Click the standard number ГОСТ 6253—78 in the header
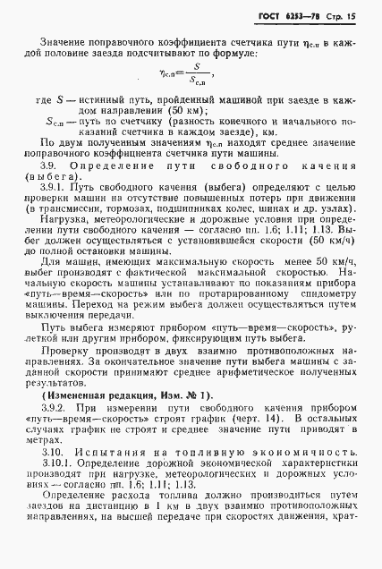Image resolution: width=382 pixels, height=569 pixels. (296, 16)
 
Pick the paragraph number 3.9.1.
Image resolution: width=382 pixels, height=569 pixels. (64, 202)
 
